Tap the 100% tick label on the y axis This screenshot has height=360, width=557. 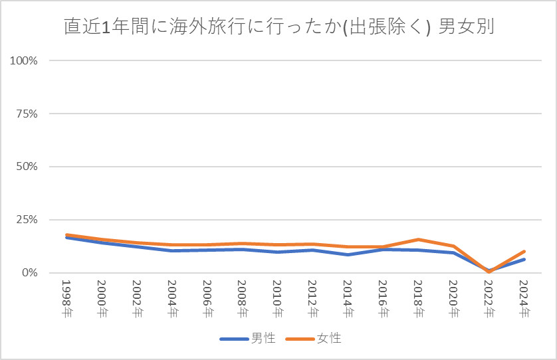pos(24,60)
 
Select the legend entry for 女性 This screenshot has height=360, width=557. pos(314,339)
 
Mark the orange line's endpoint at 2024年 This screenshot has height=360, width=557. pos(524,252)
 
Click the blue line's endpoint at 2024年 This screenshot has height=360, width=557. pos(524,260)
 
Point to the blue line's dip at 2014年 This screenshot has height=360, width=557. pos(348,254)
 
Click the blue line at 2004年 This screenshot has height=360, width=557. pos(171,250)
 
